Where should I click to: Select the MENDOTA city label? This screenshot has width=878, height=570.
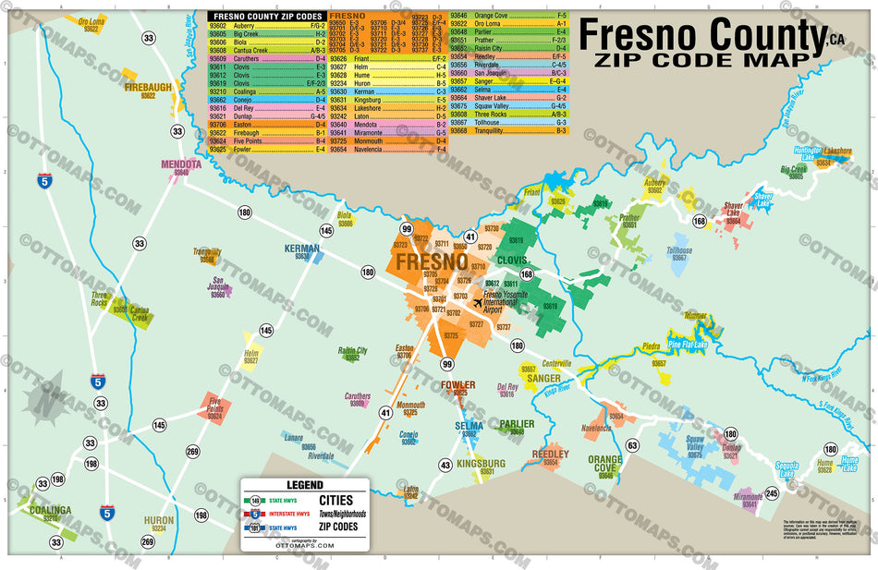(180, 164)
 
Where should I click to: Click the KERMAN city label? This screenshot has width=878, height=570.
(302, 249)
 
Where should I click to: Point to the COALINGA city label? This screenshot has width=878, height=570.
(49, 510)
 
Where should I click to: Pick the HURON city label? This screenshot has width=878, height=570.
(158, 520)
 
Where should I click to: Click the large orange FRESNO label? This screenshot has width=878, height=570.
(431, 261)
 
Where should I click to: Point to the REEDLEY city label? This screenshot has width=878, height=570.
(551, 455)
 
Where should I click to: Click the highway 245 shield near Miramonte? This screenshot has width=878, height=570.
(773, 492)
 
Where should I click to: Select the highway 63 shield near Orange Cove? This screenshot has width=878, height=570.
(632, 445)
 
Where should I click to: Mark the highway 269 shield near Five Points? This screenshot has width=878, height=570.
(192, 451)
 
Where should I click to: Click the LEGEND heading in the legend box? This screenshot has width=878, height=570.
(304, 484)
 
